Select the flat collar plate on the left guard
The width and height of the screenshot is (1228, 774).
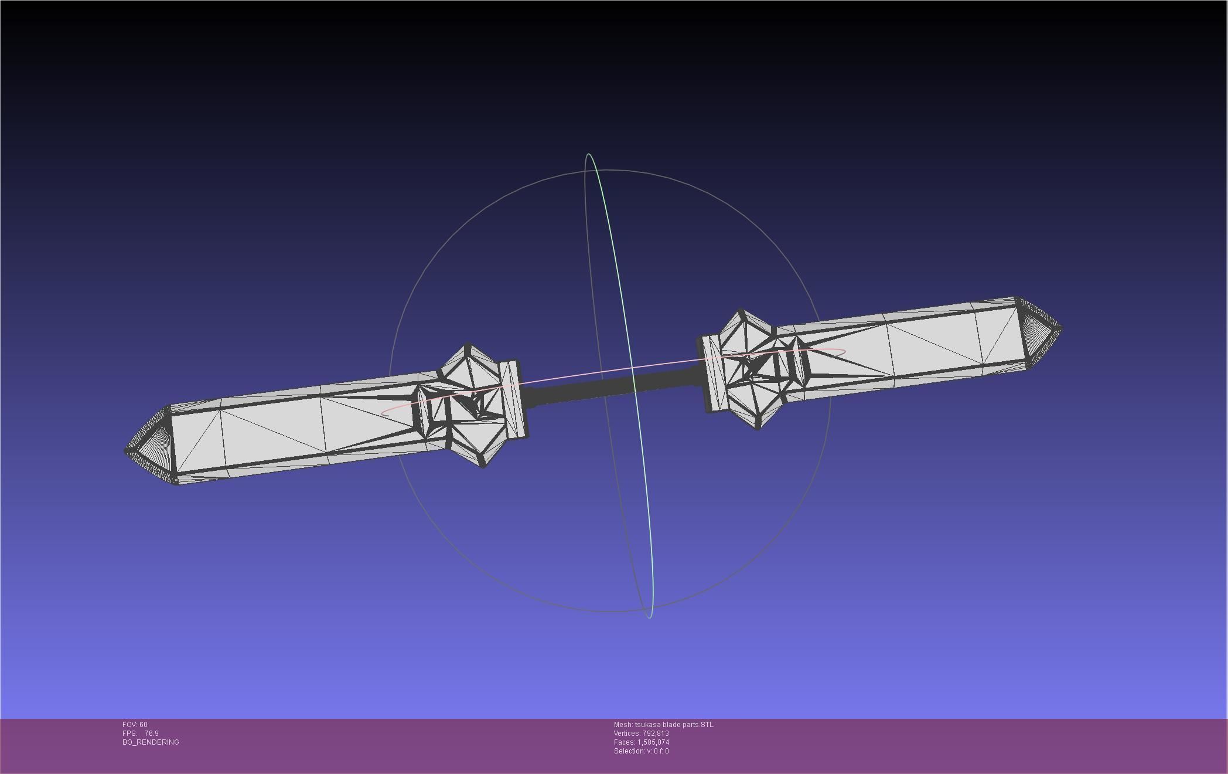click(515, 400)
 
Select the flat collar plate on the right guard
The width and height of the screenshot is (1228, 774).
click(710, 374)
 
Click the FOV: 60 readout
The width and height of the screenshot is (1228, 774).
click(135, 725)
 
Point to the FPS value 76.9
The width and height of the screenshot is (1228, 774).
click(151, 734)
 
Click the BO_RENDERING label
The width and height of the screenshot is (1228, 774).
click(151, 742)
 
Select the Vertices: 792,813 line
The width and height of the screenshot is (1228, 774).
click(641, 734)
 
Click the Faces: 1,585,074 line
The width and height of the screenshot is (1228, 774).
click(641, 742)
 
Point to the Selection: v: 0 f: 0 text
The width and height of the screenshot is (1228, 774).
click(641, 751)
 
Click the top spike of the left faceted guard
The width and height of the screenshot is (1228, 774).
click(468, 345)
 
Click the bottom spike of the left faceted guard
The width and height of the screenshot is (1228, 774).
click(483, 466)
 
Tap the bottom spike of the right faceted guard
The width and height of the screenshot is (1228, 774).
click(758, 429)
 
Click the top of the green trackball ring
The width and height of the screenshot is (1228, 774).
click(588, 155)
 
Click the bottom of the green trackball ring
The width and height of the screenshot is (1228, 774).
click(650, 617)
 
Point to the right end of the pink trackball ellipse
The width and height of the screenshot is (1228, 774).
click(844, 352)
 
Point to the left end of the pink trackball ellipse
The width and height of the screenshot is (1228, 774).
click(382, 414)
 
